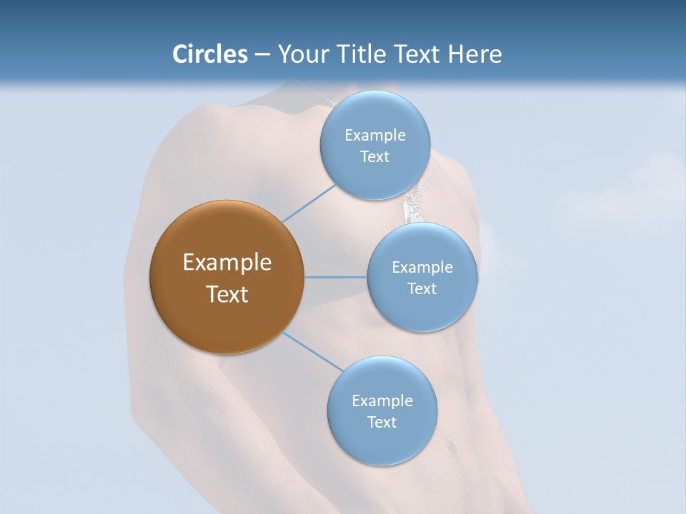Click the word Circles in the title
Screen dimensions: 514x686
click(209, 54)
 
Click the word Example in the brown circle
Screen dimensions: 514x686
click(227, 263)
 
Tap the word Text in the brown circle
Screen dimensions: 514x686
click(227, 294)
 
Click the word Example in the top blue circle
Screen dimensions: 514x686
click(374, 136)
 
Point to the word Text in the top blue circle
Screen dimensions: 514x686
click(374, 157)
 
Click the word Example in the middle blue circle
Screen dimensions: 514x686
click(422, 268)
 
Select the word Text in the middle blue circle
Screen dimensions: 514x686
click(422, 289)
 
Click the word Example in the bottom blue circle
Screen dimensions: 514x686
click(382, 401)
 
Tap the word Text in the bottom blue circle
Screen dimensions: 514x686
click(382, 423)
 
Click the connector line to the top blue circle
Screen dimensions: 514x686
click(309, 203)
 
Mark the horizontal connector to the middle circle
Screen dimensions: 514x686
click(335, 277)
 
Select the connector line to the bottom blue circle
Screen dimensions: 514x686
click(312, 351)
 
